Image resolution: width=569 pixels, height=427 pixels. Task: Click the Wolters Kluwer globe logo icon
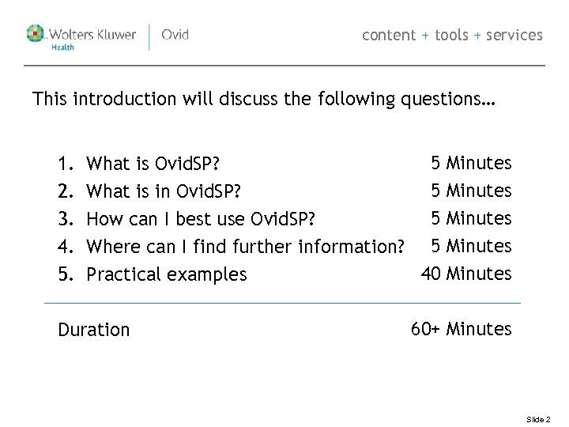click(36, 34)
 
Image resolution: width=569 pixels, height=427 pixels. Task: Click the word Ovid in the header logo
click(175, 35)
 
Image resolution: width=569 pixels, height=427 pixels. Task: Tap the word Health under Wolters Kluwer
click(62, 47)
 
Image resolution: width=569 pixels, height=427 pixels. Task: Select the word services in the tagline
click(514, 35)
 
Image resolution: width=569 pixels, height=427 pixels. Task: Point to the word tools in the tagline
click(451, 35)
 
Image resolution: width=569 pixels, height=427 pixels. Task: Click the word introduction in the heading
click(124, 100)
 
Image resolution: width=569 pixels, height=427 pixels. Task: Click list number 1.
click(65, 164)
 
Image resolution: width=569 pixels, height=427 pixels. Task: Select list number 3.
click(65, 219)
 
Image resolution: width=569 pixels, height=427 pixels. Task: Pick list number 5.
click(65, 274)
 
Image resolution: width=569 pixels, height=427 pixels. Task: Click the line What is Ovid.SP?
click(153, 164)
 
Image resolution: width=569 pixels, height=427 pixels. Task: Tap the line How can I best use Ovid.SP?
click(205, 219)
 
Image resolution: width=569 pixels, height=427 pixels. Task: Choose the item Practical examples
click(166, 274)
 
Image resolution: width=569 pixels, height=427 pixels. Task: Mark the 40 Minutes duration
click(466, 274)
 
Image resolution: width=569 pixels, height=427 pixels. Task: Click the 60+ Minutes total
click(461, 329)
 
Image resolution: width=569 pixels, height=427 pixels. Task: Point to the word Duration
click(93, 330)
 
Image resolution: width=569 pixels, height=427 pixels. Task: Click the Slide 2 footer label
click(538, 420)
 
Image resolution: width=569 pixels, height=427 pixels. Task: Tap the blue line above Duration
click(282, 303)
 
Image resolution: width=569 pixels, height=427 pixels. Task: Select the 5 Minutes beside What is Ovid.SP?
click(471, 164)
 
